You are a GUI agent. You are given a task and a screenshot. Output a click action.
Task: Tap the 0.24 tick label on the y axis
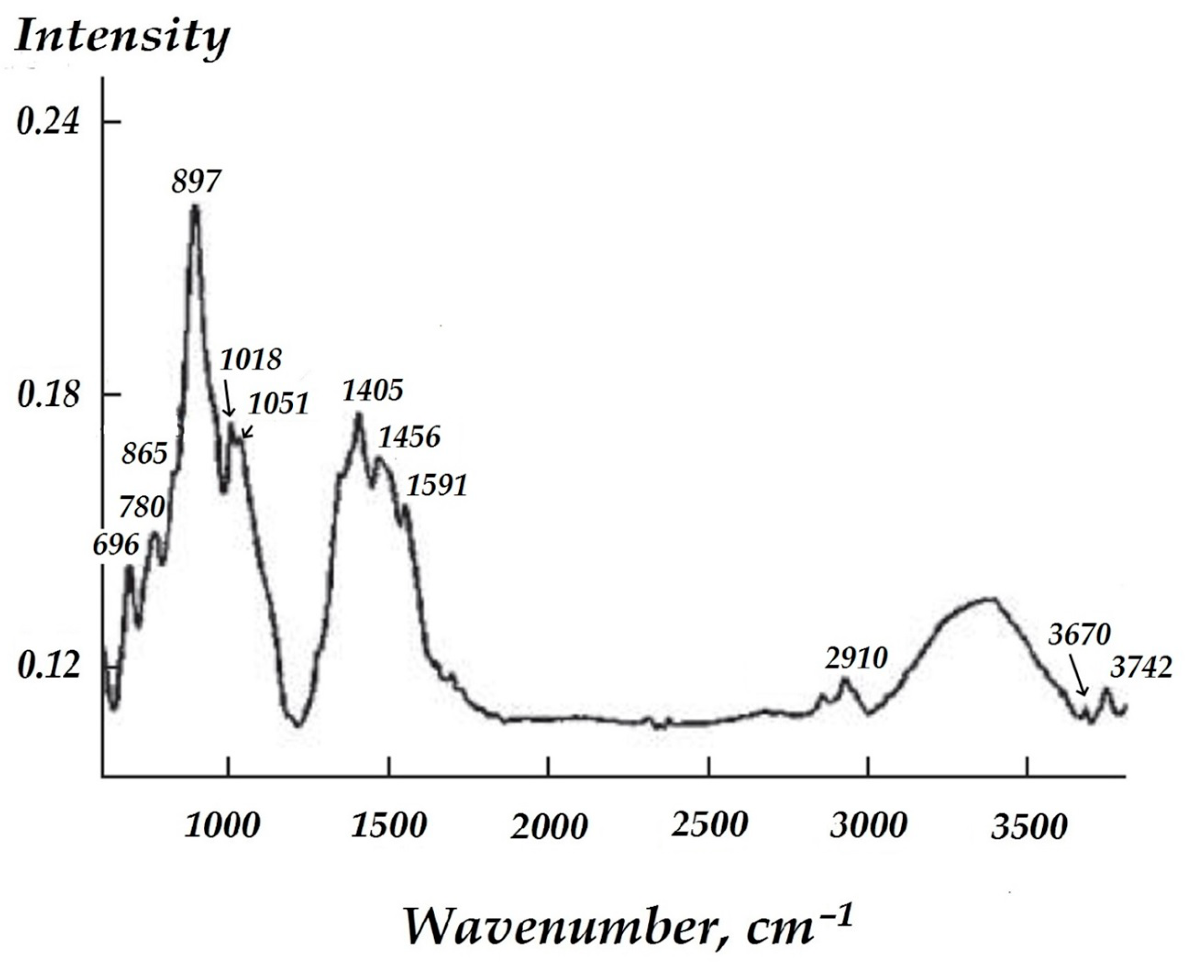coord(48,122)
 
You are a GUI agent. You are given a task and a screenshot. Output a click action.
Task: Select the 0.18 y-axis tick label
coord(48,395)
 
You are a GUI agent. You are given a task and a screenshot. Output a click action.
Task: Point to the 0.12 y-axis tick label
coord(48,666)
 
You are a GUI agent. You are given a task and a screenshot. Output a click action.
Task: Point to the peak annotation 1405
coord(372,390)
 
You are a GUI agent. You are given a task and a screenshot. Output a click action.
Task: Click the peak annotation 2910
coord(856,659)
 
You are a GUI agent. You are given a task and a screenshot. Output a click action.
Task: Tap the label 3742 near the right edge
coord(1141,668)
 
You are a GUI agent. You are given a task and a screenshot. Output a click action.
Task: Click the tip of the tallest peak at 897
coord(194,207)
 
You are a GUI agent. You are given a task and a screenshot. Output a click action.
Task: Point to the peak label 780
coord(142,507)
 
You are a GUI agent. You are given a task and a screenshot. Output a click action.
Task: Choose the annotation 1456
coord(410,437)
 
